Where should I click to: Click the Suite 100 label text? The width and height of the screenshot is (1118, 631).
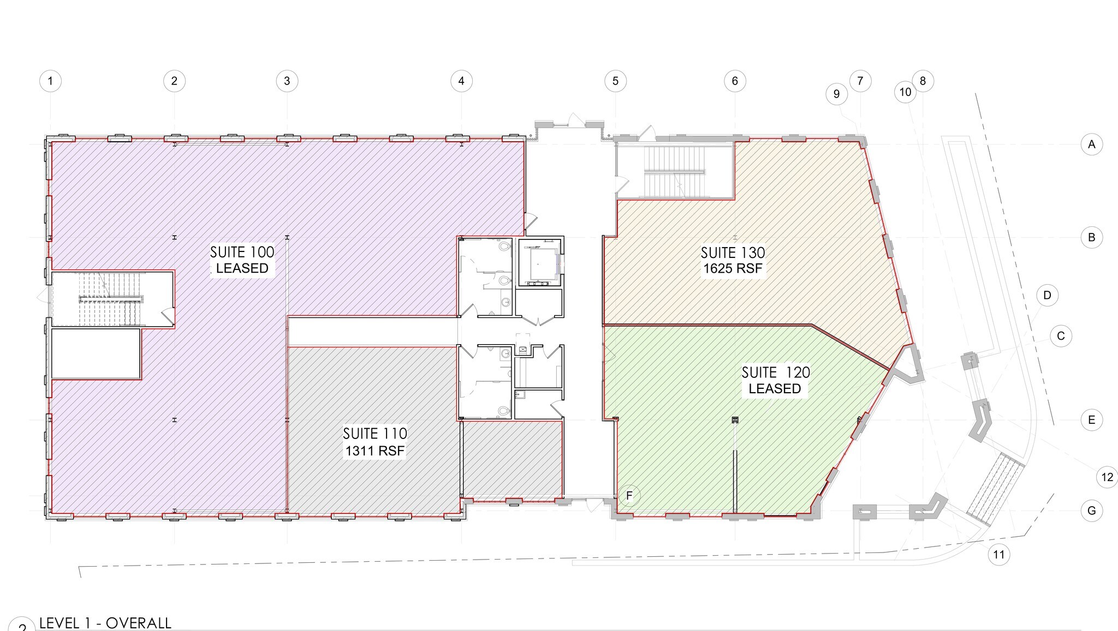(x=242, y=252)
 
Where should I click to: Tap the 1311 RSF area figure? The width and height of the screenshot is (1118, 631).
(x=374, y=451)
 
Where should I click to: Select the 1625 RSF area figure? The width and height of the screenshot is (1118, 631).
(x=733, y=268)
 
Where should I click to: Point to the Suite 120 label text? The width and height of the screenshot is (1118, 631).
(x=775, y=372)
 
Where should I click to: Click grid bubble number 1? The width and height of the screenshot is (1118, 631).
(x=51, y=81)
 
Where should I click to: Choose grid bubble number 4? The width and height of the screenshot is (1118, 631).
(x=461, y=81)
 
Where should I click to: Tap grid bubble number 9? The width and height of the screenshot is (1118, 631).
(x=836, y=94)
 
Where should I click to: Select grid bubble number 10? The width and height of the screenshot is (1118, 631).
(x=905, y=92)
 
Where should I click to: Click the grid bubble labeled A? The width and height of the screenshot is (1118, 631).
(x=1092, y=145)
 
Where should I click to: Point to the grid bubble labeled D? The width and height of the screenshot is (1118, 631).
(x=1047, y=296)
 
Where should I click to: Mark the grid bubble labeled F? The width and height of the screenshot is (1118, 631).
(x=629, y=496)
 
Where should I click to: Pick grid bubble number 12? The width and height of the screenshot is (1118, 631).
(x=1107, y=478)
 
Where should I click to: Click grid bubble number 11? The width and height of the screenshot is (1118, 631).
(x=998, y=555)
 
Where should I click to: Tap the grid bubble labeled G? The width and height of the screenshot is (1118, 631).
(x=1092, y=511)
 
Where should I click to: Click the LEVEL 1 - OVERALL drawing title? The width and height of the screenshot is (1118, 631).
(x=105, y=623)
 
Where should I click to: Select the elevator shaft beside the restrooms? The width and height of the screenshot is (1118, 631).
(x=539, y=263)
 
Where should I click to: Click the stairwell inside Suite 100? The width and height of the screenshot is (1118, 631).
(x=111, y=299)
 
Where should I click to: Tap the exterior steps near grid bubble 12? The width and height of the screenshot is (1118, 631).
(x=995, y=488)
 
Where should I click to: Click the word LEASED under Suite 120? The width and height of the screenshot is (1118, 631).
(x=775, y=389)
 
